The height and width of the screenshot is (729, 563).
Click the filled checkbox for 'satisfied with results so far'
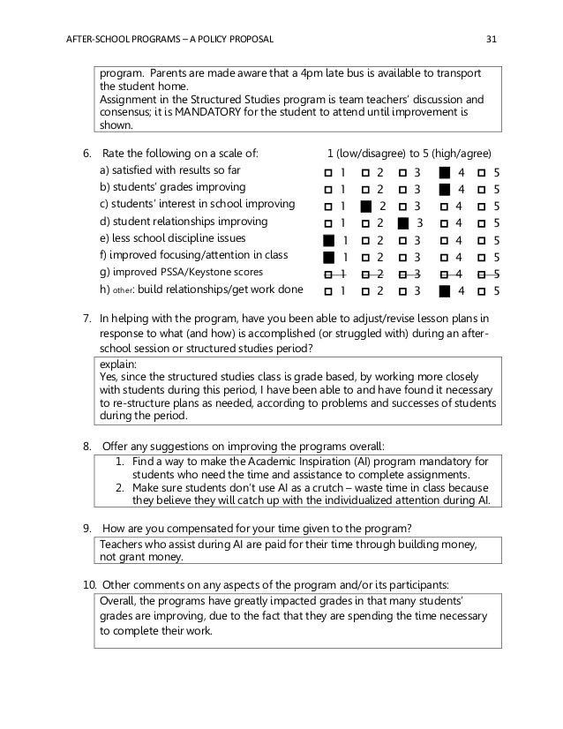tap(445, 171)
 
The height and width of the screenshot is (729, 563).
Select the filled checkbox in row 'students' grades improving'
tap(445, 188)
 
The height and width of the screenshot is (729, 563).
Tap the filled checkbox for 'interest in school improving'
tap(366, 206)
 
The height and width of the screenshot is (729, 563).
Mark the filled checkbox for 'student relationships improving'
tap(404, 222)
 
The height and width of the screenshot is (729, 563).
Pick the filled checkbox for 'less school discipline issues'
tap(329, 239)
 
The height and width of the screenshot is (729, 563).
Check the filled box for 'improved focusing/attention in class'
tap(329, 257)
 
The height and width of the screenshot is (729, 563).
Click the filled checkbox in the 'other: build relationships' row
tap(445, 290)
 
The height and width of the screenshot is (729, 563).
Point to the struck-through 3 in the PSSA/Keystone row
tap(418, 274)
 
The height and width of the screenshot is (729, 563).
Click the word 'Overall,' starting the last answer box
tap(120, 600)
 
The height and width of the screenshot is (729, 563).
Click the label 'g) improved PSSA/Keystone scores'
tap(181, 273)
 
